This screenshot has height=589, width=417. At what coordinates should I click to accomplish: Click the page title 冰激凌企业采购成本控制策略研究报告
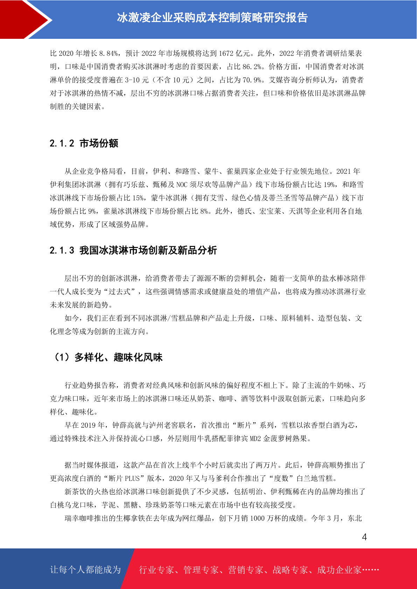[212, 17]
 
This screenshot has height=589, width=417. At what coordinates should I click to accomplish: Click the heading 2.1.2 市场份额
[84, 143]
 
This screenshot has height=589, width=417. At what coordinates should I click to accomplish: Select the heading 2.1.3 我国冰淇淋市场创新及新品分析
[133, 250]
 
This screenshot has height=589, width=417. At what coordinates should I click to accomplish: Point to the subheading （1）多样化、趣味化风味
[107, 357]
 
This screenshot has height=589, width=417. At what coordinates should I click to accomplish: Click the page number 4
[364, 537]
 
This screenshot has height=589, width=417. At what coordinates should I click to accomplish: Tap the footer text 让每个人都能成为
[85, 570]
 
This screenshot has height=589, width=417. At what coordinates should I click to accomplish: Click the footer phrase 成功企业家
[339, 570]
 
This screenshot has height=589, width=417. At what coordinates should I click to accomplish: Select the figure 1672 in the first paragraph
[226, 54]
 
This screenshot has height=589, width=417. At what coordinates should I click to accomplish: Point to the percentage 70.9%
[252, 80]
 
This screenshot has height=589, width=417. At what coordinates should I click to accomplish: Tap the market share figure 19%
[329, 185]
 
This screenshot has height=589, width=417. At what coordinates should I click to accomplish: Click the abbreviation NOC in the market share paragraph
[182, 185]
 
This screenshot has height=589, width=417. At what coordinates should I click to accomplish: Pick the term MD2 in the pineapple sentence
[255, 439]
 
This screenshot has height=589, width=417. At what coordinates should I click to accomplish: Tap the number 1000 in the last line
[257, 518]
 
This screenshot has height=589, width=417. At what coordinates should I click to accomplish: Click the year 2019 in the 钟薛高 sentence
[88, 425]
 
